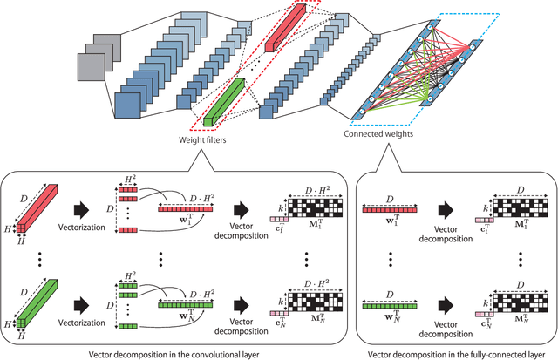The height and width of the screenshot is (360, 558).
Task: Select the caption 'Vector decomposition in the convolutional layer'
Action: pyautogui.click(x=177, y=350)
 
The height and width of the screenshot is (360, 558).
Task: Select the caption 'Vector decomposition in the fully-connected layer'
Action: pyautogui.click(x=454, y=350)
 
